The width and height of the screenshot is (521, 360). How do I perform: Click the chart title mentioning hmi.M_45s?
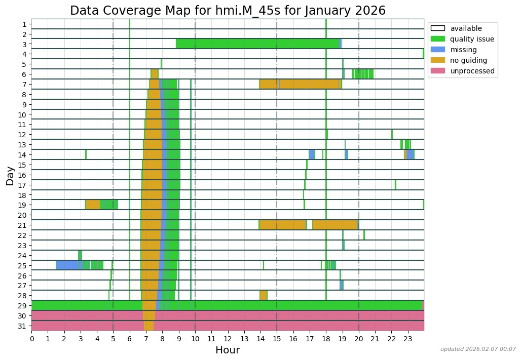(x=228, y=11)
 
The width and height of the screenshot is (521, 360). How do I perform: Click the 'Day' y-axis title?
(x=10, y=175)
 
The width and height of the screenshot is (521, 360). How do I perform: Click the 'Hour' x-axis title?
(x=228, y=350)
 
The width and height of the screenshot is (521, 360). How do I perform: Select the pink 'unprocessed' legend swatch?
(x=437, y=71)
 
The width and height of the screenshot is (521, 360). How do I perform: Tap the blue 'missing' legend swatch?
(x=437, y=50)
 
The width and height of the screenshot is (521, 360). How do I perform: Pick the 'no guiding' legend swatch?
(x=437, y=60)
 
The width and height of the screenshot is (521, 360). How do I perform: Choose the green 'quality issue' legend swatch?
(x=437, y=39)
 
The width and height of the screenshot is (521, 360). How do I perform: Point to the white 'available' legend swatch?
(x=437, y=28)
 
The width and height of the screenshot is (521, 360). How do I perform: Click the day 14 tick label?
(x=24, y=155)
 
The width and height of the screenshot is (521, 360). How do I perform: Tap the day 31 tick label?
(x=24, y=326)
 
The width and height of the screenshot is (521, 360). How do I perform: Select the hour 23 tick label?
(x=407, y=338)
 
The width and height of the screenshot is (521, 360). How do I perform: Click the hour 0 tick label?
(x=31, y=338)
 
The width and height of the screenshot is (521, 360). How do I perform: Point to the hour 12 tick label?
(x=228, y=338)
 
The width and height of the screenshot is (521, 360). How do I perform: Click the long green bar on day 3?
(x=257, y=44)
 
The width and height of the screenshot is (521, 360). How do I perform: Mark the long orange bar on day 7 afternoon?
(x=309, y=84)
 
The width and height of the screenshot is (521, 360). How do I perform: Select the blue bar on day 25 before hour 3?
(x=68, y=265)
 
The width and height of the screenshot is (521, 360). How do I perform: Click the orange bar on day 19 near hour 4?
(x=93, y=205)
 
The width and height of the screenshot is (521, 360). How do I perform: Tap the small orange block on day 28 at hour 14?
(x=263, y=295)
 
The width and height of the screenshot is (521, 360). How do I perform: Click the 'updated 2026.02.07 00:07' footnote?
(x=478, y=349)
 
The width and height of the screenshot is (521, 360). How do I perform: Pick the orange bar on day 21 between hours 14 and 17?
(x=282, y=225)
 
